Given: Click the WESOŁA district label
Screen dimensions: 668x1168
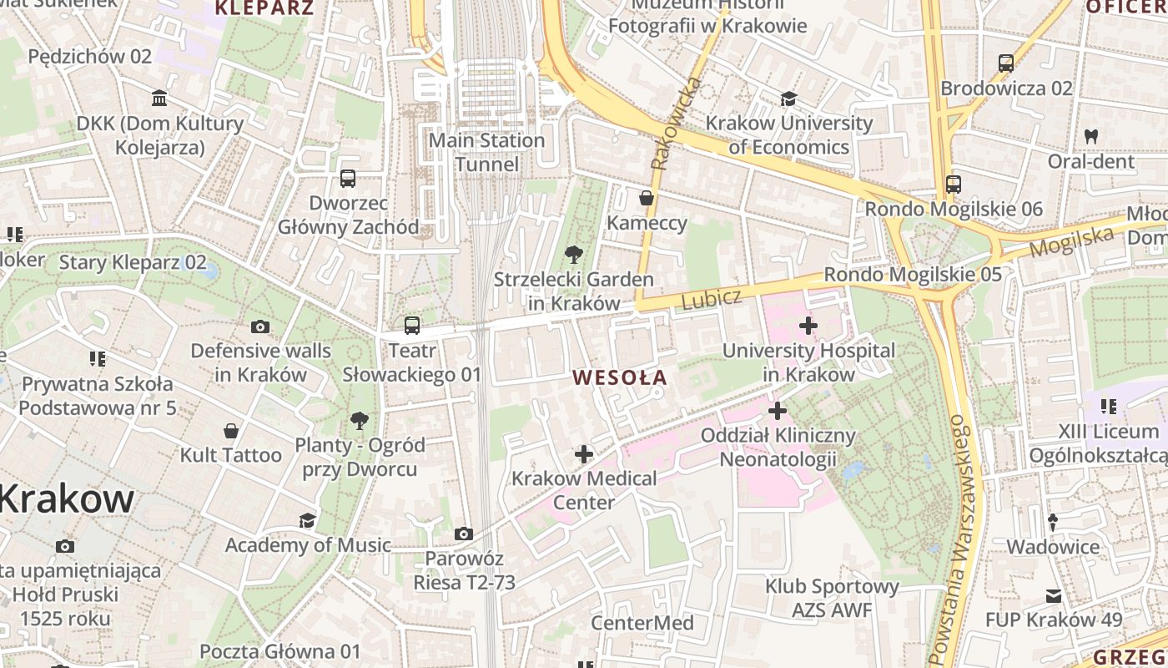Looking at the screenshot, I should point(620,377).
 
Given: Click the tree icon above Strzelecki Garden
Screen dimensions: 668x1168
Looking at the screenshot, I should point(573,254).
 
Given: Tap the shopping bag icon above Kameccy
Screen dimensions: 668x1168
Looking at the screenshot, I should point(647,198).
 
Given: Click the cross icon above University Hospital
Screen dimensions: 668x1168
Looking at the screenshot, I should point(808,325).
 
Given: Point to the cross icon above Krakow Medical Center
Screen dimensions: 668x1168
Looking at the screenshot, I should point(584,454).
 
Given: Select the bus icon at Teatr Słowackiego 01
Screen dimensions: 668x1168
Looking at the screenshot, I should point(411,326).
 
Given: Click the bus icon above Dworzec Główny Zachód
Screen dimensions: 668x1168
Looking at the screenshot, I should point(348,178).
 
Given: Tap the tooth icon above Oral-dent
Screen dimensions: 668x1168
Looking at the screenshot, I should point(1090,136).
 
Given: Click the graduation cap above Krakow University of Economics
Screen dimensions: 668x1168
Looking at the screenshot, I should point(788,99).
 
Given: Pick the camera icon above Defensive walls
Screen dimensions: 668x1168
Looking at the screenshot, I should point(260,326).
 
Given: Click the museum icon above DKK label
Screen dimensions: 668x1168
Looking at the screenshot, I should point(159,99).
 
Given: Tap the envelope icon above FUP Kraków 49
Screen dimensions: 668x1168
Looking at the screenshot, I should point(1053,596).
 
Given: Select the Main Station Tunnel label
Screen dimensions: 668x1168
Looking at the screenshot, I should point(487,152).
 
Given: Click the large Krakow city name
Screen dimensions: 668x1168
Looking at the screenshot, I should point(67,498).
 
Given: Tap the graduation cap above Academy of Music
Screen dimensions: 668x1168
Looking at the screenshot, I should point(307,521).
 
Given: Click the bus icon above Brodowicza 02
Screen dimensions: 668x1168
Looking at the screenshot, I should point(1006,63).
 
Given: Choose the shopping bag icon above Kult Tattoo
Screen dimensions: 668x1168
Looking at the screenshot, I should point(231,431).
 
